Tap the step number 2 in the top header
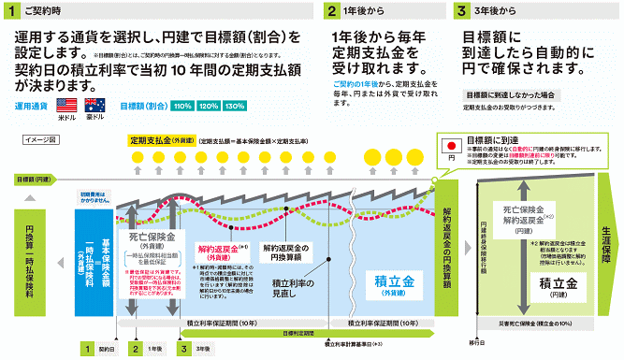click(333, 11)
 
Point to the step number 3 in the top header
click(461, 11)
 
